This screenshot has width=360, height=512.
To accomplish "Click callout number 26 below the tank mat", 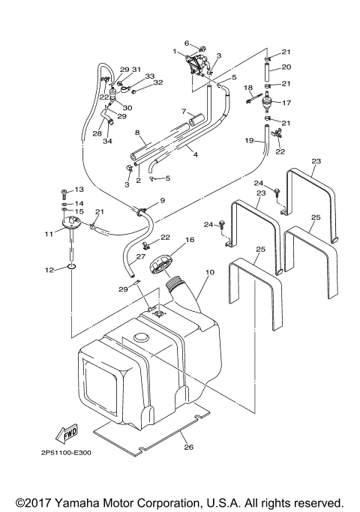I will pos(188,447).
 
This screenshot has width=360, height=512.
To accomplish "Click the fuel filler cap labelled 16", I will pos(161,268).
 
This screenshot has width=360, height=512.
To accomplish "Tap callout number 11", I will pos(49,235).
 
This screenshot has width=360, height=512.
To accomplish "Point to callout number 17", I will pos(286,103).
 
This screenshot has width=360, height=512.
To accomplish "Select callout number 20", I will pos(286,67).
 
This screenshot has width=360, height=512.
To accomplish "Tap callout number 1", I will pos(174,51).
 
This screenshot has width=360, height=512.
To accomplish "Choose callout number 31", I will pos(136,69).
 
